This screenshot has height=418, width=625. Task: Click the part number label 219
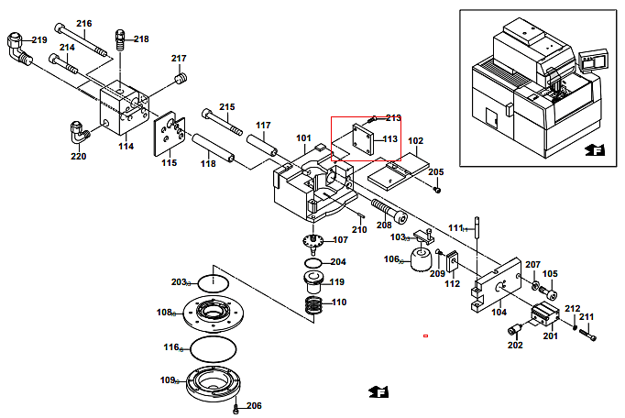pyautogui.click(x=39, y=40)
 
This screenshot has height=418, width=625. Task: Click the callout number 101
pyautogui.click(x=303, y=138)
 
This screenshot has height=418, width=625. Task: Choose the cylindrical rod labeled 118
pyautogui.click(x=213, y=150)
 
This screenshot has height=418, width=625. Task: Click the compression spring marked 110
pyautogui.click(x=312, y=302)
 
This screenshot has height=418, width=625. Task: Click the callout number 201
pyautogui.click(x=551, y=336)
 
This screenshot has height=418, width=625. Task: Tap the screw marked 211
pyautogui.click(x=589, y=336)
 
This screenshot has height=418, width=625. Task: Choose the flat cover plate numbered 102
pyautogui.click(x=400, y=166)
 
